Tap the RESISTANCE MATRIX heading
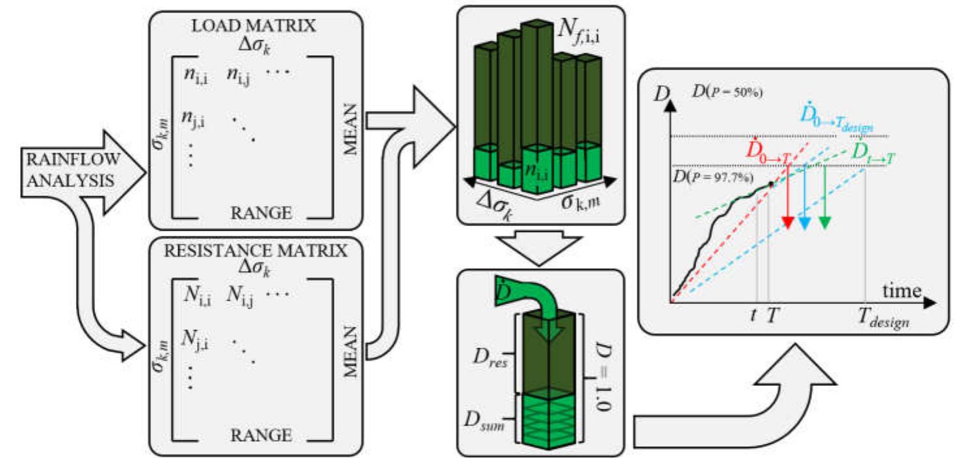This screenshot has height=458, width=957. point(254,250)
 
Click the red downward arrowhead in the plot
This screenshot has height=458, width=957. point(787,223)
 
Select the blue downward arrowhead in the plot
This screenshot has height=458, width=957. point(804,223)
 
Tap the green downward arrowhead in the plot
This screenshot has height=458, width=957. point(825,223)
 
